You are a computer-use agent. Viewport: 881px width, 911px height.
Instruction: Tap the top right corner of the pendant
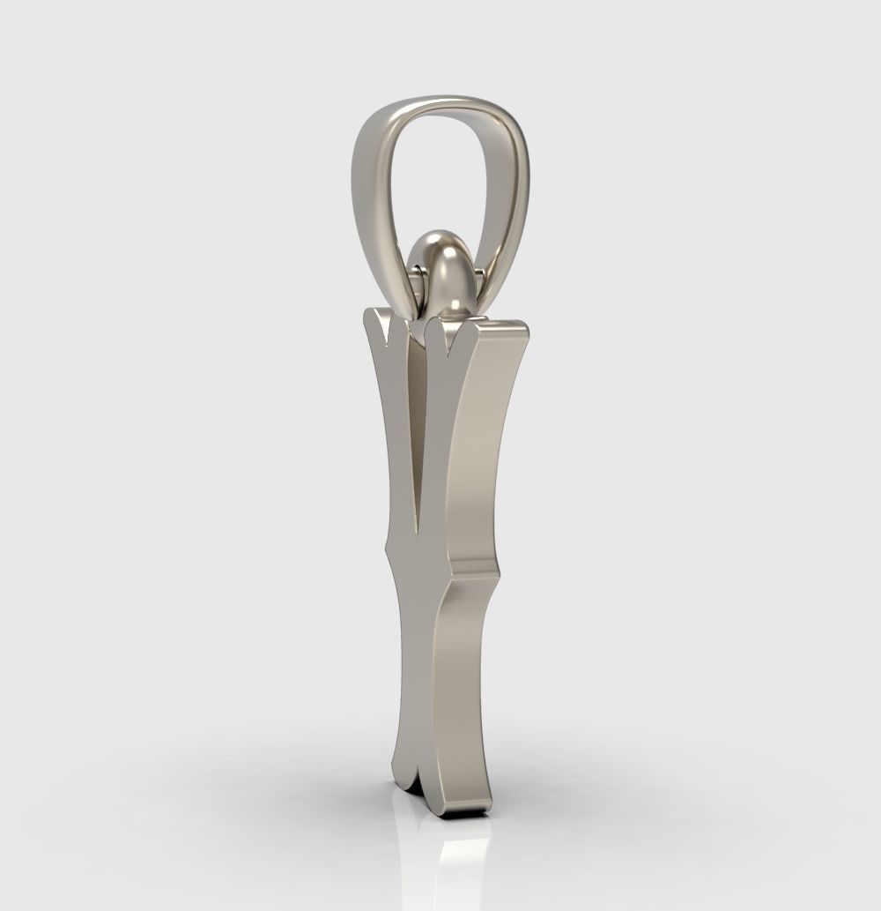pos(527,328)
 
